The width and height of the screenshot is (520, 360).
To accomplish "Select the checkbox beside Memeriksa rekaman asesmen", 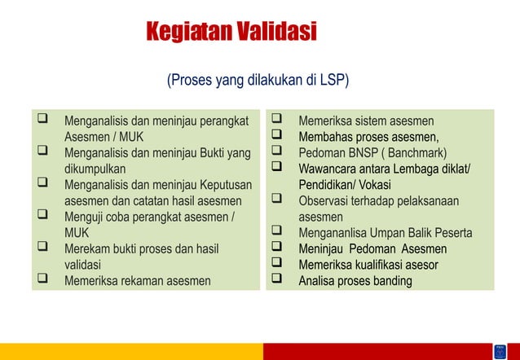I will [40, 281].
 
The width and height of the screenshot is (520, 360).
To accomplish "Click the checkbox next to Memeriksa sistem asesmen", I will [276, 120].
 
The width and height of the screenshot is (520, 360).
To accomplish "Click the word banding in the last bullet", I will [391, 281].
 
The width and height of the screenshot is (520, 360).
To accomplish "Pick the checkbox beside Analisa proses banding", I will [276, 281].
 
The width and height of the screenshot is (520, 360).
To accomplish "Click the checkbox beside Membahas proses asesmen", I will [276, 136].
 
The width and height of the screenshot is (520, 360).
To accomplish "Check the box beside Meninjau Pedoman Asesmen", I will [276, 248].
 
